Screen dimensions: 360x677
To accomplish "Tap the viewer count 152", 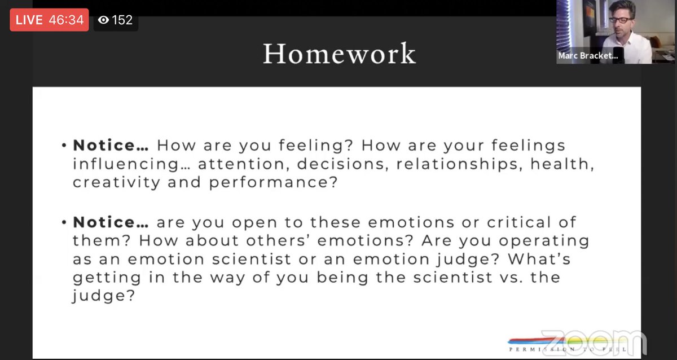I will tap(122, 20).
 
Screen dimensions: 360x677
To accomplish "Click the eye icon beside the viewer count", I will tap(103, 20).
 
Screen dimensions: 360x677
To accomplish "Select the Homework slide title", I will tap(339, 54).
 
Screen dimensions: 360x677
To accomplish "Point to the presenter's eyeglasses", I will tap(621, 20).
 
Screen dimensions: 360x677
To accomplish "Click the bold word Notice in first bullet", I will tap(105, 145).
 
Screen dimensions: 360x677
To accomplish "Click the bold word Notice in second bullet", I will tap(105, 222).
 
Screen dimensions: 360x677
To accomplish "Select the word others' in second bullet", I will tap(279, 241).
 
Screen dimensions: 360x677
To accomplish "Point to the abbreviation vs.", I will tap(499, 278).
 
